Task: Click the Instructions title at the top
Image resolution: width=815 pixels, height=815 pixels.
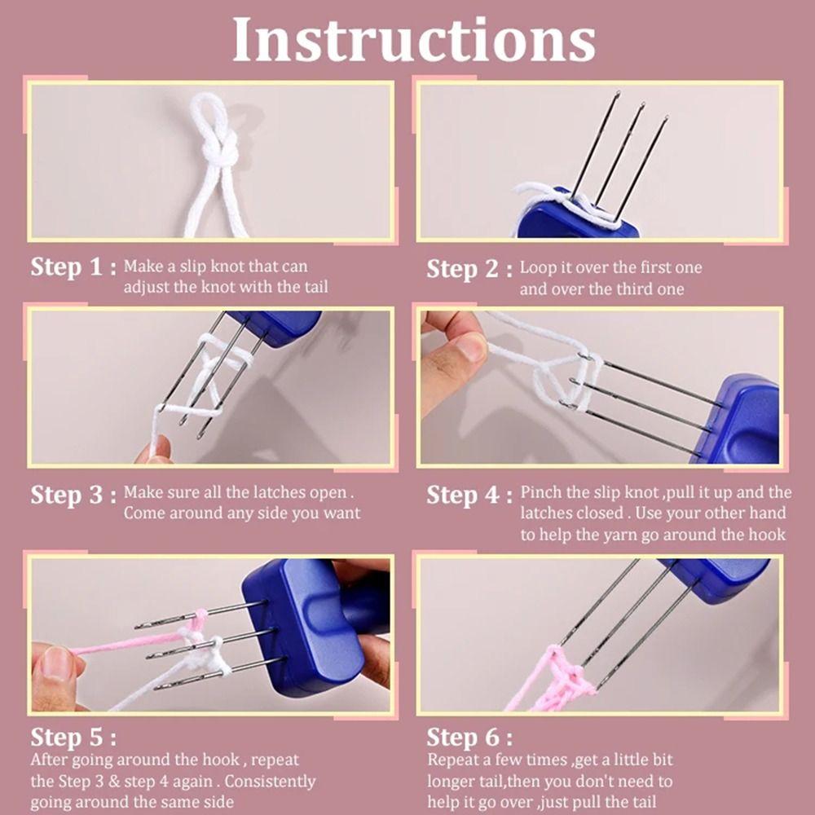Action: click(414, 39)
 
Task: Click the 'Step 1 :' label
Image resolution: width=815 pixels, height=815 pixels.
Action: click(73, 267)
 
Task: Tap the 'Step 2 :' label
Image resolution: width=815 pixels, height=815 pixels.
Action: click(469, 269)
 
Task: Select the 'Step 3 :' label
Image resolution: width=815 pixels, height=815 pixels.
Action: click(73, 495)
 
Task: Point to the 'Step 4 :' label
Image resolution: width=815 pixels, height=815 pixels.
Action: click(469, 495)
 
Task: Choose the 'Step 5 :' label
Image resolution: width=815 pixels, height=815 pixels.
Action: click(73, 737)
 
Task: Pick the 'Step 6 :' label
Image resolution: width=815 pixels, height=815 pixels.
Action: click(469, 737)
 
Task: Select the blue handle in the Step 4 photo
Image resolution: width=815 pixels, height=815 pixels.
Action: click(738, 421)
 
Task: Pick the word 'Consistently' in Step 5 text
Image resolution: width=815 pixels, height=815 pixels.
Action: click(270, 782)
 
